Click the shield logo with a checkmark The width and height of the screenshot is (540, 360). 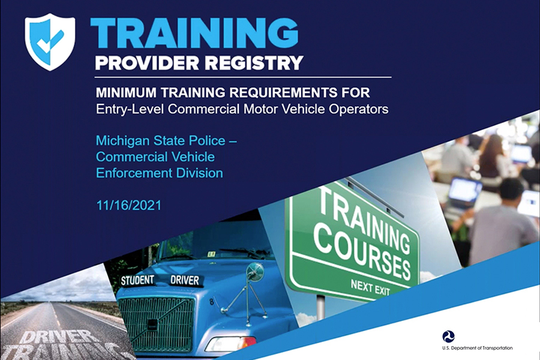pos(50,41)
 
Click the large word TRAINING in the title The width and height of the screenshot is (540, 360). pos(194,33)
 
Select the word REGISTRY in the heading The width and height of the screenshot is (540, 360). pos(254,62)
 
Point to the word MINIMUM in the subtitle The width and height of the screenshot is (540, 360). pos(126,92)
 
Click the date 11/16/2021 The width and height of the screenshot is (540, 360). pos(129,205)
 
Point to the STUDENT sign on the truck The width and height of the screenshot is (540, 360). pos(137,280)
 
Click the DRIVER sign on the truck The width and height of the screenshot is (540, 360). pos(185,280)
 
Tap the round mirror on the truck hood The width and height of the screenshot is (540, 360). pos(255,271)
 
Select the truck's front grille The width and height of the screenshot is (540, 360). pos(157,324)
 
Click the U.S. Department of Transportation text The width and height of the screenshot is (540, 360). pos(478,348)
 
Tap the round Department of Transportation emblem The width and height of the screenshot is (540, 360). pos(448,336)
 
